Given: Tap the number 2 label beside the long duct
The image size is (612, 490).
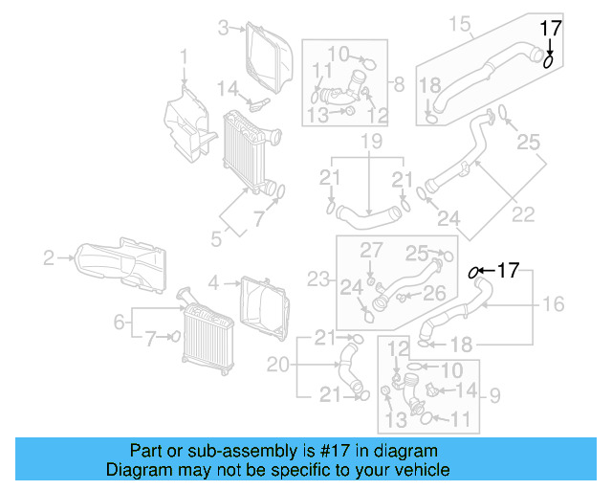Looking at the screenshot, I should click(x=49, y=256).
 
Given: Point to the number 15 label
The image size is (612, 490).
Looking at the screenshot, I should click(x=461, y=22).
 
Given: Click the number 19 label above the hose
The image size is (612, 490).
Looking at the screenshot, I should click(x=371, y=144).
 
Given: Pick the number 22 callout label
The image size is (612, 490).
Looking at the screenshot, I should click(x=522, y=215).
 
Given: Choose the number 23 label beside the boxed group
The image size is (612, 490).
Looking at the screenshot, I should click(x=317, y=280).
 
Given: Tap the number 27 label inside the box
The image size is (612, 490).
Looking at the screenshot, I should click(x=370, y=250).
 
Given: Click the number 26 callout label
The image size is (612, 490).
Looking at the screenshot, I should click(x=434, y=294).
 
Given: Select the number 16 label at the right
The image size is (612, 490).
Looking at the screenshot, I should click(x=554, y=304).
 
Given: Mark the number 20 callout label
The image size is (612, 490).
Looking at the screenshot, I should click(x=278, y=364).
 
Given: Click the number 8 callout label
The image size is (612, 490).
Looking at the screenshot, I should click(x=399, y=83).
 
